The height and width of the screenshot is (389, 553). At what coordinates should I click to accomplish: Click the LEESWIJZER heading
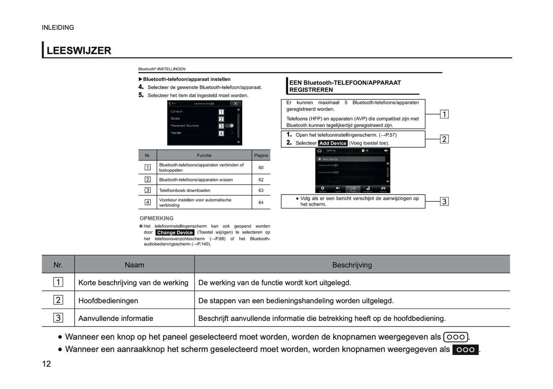coord(79,50)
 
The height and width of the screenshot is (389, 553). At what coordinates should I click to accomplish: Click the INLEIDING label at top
coord(58,28)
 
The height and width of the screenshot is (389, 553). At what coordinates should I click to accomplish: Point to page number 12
coord(46,364)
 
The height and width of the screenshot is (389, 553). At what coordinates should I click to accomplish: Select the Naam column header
coord(134,265)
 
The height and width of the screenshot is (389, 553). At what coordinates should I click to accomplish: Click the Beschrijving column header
coord(352,265)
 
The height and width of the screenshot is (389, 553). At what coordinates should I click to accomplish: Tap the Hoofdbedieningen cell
coord(108,301)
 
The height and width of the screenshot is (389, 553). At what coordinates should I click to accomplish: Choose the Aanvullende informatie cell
coord(116,318)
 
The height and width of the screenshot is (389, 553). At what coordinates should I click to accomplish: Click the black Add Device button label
coord(333,143)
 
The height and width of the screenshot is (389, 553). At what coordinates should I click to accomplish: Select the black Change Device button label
coord(175,232)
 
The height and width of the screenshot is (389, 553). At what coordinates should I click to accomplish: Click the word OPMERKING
coord(157,218)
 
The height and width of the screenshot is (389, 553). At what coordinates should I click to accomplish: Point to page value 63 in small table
coord(261,190)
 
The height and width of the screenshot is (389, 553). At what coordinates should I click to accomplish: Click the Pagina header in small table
coord(261,156)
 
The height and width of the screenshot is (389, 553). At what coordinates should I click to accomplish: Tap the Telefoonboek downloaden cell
coord(184,190)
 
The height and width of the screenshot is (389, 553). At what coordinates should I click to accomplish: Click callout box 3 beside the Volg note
coord(444,201)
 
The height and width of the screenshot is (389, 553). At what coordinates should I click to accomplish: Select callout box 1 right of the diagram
coord(444,114)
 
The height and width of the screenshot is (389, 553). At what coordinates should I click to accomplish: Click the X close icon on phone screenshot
coord(236,104)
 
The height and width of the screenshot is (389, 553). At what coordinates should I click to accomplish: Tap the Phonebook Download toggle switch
coord(230,126)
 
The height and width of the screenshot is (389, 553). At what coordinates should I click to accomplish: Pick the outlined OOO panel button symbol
coord(455,337)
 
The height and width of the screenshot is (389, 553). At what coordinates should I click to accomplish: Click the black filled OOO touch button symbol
coord(465,350)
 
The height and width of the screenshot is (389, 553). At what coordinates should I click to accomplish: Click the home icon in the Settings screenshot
coord(320,151)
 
